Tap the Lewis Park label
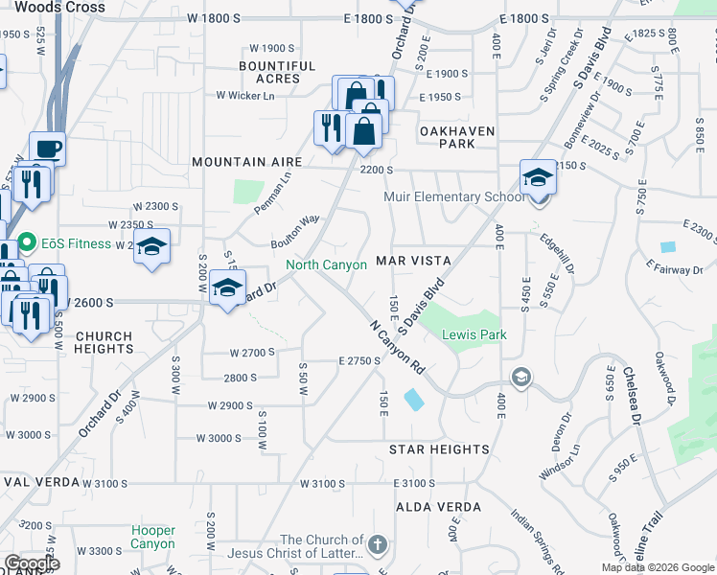click(x=474, y=334)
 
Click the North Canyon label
click(x=326, y=264)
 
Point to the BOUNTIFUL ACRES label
click(x=277, y=72)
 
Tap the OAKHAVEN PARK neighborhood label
click(x=447, y=137)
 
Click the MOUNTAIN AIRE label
click(x=247, y=163)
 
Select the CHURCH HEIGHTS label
click(x=104, y=343)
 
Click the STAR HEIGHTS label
click(x=439, y=448)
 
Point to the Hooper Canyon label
click(x=153, y=537)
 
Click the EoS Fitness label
click(x=77, y=243)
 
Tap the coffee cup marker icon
click(x=47, y=149)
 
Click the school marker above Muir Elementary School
click(x=539, y=176)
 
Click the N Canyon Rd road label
click(x=397, y=346)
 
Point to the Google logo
click(x=32, y=563)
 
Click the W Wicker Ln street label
click(x=245, y=95)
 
